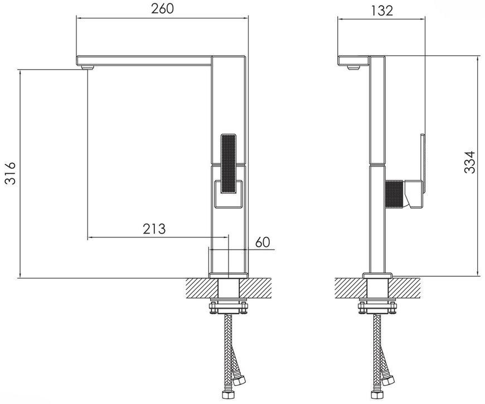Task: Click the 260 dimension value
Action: tap(162, 9)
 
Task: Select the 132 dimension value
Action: tap(381, 11)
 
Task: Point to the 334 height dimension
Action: tap(469, 162)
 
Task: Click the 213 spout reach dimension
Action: tap(154, 228)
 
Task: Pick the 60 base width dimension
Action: tap(263, 242)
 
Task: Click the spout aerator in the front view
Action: tap(87, 67)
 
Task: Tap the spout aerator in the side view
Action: tap(353, 67)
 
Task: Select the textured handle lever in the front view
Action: tap(228, 163)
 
